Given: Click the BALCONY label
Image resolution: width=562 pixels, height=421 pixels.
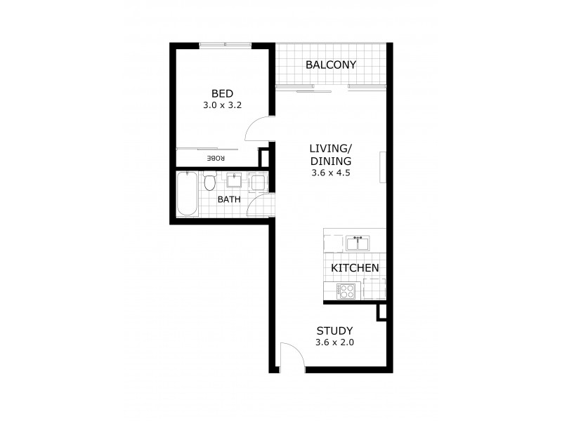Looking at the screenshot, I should coord(331,65).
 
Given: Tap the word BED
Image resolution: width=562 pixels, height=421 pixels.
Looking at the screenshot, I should coord(222,93).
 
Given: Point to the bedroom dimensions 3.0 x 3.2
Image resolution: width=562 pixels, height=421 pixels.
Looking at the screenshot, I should coord(222,107).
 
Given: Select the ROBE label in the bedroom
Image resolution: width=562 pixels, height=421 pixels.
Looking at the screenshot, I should coord(216,159).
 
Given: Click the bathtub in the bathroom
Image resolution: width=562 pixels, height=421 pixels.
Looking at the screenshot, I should coord(185,194).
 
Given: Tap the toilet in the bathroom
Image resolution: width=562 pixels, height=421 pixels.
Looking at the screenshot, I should coord(209,183).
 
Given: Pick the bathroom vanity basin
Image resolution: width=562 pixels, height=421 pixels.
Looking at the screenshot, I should coord(234,182).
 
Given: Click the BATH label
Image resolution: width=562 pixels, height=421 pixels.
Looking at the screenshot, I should coord(228,199).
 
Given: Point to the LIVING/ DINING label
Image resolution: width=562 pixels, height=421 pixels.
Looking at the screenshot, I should coord(330,154).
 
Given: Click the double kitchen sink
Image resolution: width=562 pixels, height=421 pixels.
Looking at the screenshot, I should coord(358,243).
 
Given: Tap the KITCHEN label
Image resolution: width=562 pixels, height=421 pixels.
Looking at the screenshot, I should coord(355,268).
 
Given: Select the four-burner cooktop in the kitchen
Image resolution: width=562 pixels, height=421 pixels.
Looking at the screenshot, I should coord(346,291).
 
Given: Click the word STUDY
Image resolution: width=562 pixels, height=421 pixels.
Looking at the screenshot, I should coord(334,331).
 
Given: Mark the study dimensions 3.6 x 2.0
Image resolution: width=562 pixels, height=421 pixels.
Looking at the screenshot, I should coord(334,343).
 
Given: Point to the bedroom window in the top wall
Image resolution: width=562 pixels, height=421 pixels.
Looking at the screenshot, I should coord(226,46).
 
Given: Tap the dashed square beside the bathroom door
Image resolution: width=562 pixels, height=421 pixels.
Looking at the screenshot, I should coord(258,182).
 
